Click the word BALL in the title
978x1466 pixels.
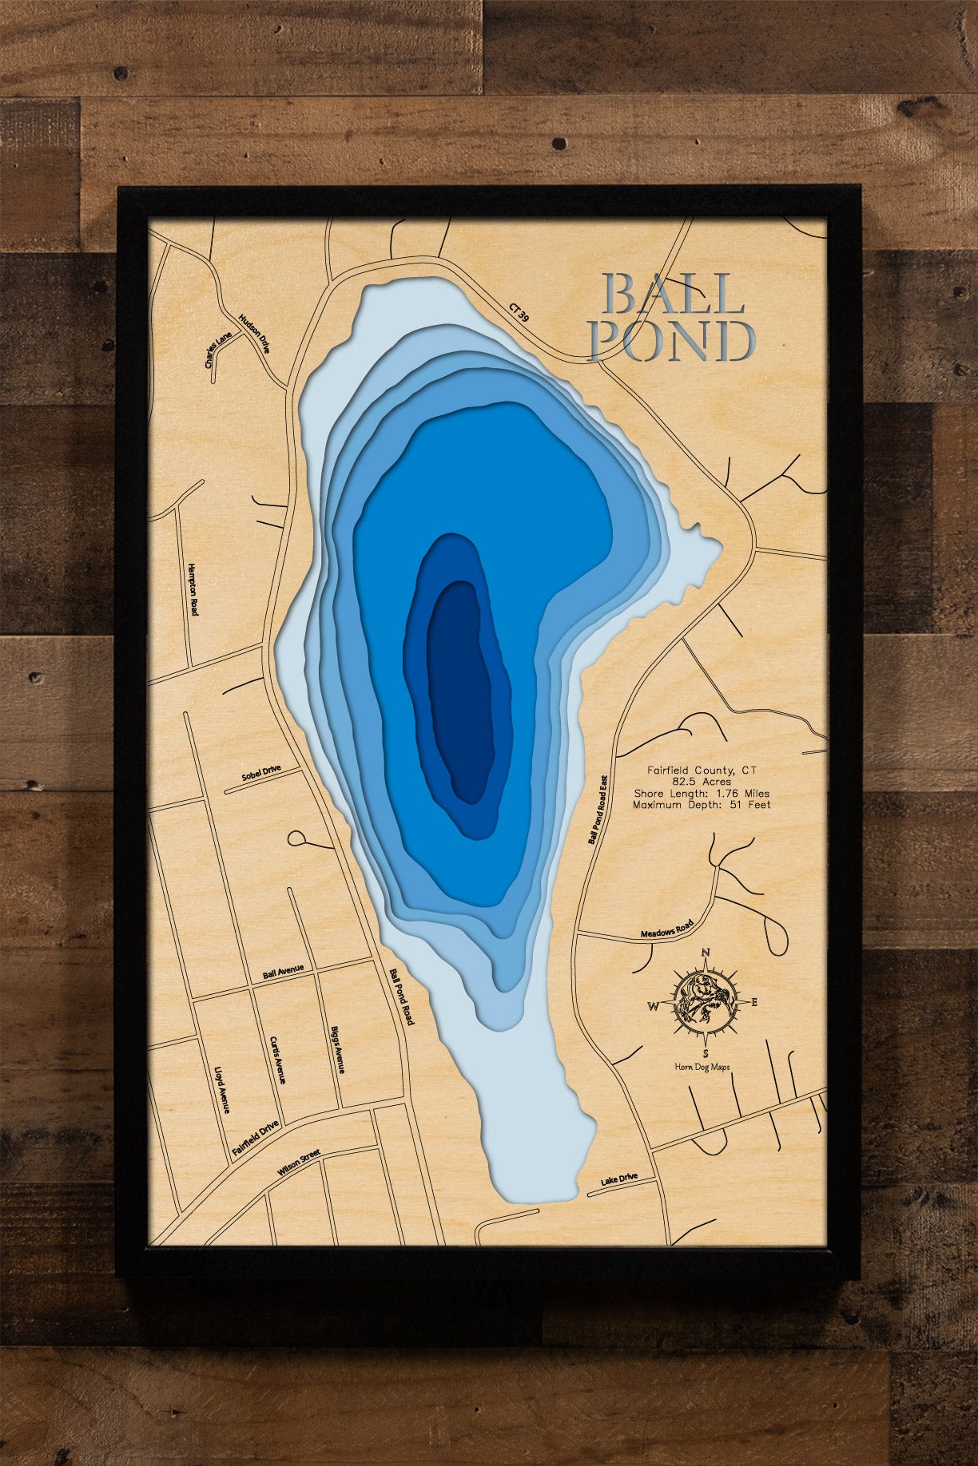click(x=674, y=294)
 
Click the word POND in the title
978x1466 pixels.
click(x=671, y=341)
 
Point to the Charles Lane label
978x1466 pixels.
click(x=217, y=349)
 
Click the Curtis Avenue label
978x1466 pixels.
click(x=277, y=1060)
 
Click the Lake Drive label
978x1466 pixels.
click(x=618, y=1181)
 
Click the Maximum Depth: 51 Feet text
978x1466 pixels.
click(x=702, y=805)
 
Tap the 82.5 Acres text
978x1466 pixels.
click(x=702, y=782)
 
